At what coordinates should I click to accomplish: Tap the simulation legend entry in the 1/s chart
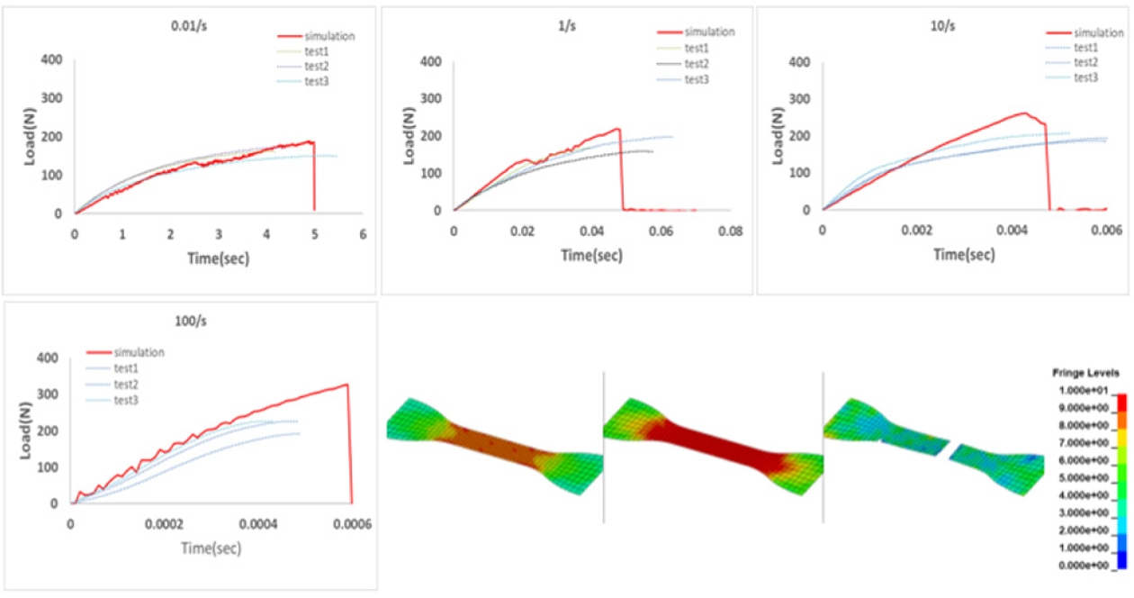point(709,32)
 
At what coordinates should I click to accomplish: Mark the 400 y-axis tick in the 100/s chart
point(49,358)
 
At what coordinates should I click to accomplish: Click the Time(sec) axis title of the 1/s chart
point(591,255)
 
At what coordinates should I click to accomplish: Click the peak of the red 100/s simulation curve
point(346,385)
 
